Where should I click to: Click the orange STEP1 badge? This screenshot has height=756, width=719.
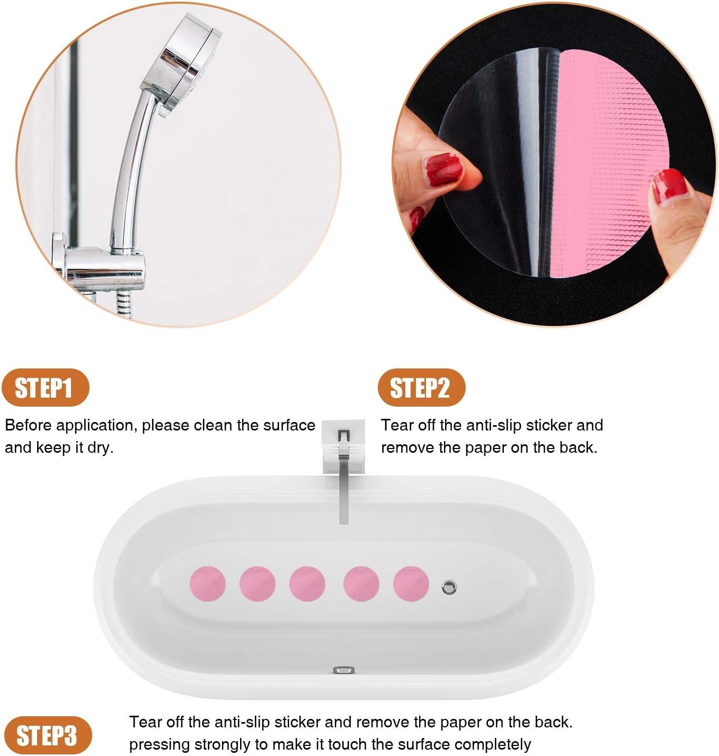[45, 388]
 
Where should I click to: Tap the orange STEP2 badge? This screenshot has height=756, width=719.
[421, 388]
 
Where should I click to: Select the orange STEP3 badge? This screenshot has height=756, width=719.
[46, 736]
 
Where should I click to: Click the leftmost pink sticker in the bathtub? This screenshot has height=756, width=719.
[208, 584]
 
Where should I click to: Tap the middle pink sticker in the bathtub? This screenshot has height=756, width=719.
[307, 584]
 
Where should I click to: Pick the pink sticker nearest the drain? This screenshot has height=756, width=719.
[411, 584]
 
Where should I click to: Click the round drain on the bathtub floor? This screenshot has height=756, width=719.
[449, 587]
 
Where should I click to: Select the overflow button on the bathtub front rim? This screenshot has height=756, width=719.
[344, 670]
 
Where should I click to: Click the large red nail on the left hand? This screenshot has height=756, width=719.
[444, 170]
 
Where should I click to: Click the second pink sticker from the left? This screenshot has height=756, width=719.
[258, 584]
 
